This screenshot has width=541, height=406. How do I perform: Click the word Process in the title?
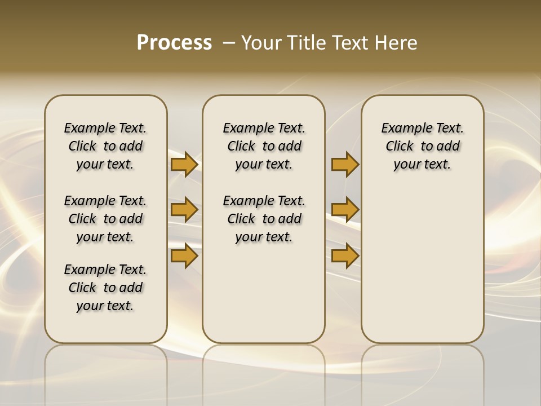click(174, 43)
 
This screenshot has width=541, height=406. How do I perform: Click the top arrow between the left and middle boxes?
click(184, 164)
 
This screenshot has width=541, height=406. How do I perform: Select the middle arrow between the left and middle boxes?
click(184, 210)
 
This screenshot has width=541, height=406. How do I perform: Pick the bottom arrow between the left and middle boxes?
click(184, 256)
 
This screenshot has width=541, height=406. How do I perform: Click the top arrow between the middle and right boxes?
click(345, 164)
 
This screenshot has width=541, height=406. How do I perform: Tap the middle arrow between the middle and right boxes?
click(345, 210)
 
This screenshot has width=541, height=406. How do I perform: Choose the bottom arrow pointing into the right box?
click(345, 256)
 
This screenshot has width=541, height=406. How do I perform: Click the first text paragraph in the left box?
click(105, 146)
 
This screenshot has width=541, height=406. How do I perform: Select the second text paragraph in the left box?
click(105, 219)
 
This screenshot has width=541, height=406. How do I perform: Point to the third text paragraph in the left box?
click(105, 288)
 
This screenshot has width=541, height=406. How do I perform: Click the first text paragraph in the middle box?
click(264, 146)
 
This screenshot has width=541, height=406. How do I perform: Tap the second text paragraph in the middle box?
click(264, 219)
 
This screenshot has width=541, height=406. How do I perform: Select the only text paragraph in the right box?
click(422, 146)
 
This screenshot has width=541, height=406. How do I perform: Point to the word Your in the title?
click(261, 43)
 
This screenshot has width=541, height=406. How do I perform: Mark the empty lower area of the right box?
click(422, 265)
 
